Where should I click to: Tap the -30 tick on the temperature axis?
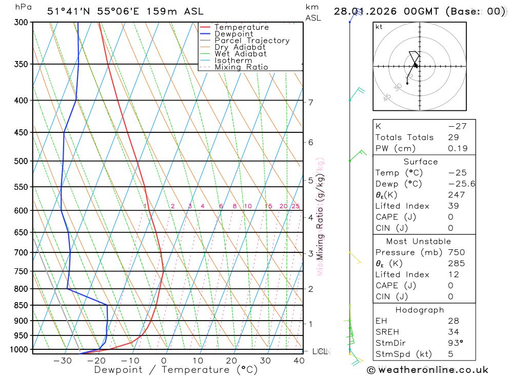point(63,361)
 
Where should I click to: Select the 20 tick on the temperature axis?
point(231,361)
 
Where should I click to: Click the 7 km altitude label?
point(310,102)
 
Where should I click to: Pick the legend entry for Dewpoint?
point(234,34)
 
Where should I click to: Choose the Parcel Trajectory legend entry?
point(252,41)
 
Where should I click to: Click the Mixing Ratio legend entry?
point(241,67)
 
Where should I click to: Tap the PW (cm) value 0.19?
point(458,148)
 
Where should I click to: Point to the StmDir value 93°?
point(455,343)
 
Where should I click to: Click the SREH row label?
point(387,332)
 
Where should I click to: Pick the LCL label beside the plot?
point(320,351)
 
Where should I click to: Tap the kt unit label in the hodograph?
point(379,27)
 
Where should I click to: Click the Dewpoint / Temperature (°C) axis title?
point(175,370)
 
